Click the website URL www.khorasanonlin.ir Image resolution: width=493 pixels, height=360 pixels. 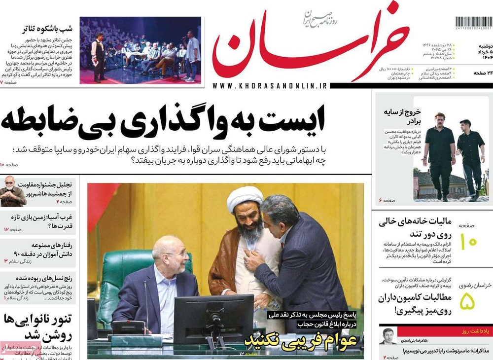[270, 86]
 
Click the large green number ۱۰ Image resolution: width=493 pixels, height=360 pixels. [468, 242]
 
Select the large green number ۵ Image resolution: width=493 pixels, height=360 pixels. [467, 301]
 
